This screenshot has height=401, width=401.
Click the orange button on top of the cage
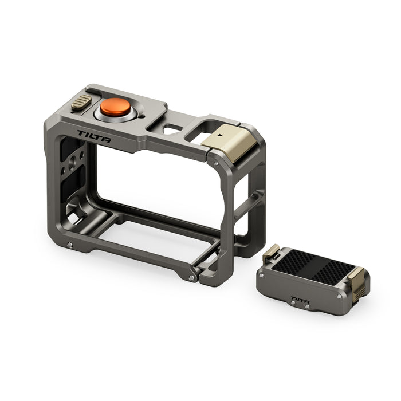pyautogui.click(x=115, y=107)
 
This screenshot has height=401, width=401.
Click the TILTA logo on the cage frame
pyautogui.click(x=94, y=136)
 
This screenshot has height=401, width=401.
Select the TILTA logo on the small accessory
pyautogui.click(x=300, y=299)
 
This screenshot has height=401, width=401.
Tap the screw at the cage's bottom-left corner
pyautogui.click(x=69, y=245)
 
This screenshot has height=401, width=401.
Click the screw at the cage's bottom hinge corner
pyautogui.click(x=191, y=277)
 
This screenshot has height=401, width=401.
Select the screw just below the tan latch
pyautogui.click(x=217, y=163)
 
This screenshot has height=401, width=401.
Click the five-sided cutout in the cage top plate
pyautogui.click(x=172, y=129)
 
